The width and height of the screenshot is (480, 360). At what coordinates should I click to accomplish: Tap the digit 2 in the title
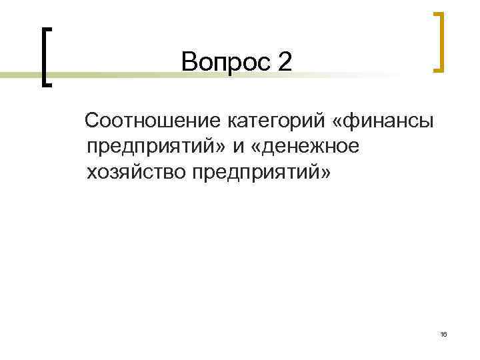[285, 63]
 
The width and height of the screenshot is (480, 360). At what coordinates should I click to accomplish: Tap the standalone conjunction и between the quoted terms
[238, 147]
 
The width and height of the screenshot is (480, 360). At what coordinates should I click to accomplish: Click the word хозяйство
[135, 172]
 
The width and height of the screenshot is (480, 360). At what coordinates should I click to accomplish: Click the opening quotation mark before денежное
[256, 147]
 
